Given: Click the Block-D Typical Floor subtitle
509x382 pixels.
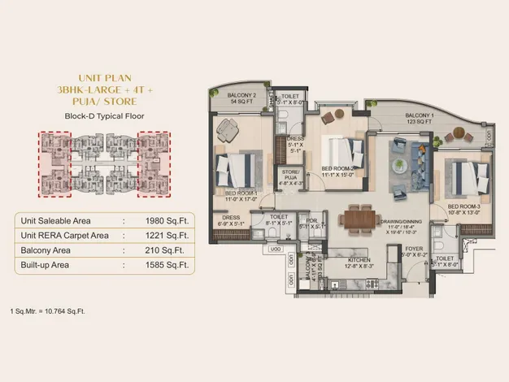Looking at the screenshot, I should (x=103, y=115).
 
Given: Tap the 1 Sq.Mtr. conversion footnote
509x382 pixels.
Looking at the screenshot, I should (x=47, y=311).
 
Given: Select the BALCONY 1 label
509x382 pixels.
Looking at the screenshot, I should (x=421, y=116).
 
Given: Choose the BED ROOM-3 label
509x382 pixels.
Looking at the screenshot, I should (x=464, y=206).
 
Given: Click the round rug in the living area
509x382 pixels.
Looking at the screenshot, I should (x=403, y=166).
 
